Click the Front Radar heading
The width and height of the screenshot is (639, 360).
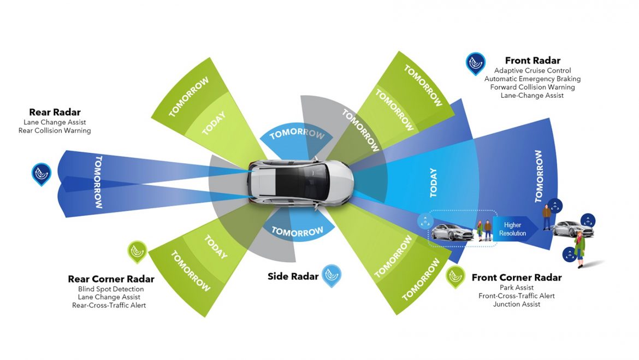point(532,61)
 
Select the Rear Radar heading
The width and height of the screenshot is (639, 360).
point(55,113)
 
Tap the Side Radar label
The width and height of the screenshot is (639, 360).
point(293,276)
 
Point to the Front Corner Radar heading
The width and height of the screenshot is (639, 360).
point(516,278)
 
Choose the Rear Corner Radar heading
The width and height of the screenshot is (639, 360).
point(111,279)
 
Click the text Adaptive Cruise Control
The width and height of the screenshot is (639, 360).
point(532,70)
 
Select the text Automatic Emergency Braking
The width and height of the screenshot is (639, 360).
point(532,79)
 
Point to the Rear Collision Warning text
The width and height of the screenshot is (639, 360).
point(55,131)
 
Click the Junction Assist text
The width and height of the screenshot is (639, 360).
point(516,304)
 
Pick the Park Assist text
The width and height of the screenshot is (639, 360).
point(516,287)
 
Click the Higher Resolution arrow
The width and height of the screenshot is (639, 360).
point(513,229)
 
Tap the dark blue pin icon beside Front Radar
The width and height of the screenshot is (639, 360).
point(475,63)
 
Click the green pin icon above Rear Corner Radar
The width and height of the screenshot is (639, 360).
point(137,252)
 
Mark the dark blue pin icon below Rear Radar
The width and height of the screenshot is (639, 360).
point(41,174)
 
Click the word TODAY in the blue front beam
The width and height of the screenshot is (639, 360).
point(433,182)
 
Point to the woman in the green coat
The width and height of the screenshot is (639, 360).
point(578,247)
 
